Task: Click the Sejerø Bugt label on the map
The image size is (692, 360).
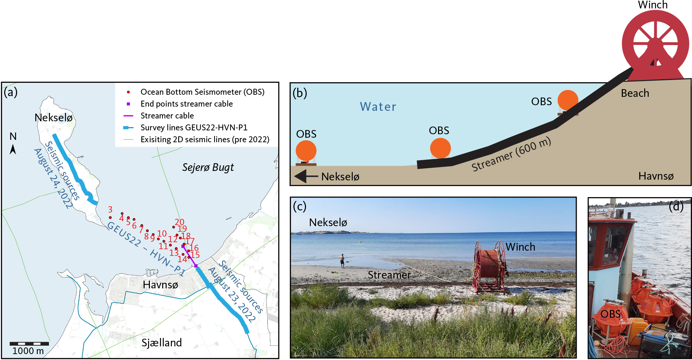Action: pos(208,167)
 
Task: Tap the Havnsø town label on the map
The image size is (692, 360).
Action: pos(160,285)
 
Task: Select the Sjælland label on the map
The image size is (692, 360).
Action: pos(161,343)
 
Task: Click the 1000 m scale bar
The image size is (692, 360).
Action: pos(29,344)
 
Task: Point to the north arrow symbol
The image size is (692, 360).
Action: pos(13,149)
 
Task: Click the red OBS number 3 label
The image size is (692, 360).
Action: pos(110,209)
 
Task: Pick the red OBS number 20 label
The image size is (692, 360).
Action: pos(179,222)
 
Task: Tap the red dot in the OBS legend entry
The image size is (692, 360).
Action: pos(129,92)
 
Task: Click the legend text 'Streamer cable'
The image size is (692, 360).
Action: pos(167,116)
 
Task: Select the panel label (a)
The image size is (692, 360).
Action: pos(10,92)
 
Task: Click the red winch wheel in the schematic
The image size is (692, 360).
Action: pos(655,44)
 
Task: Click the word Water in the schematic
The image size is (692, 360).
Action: pos(378,107)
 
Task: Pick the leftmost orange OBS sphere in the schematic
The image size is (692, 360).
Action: pos(306,151)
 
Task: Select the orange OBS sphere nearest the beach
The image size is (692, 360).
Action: pos(568,100)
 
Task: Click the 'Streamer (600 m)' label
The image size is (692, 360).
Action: pos(511,154)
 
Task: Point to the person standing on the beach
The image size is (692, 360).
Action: pos(342,261)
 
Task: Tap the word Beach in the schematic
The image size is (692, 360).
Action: pos(635,93)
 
